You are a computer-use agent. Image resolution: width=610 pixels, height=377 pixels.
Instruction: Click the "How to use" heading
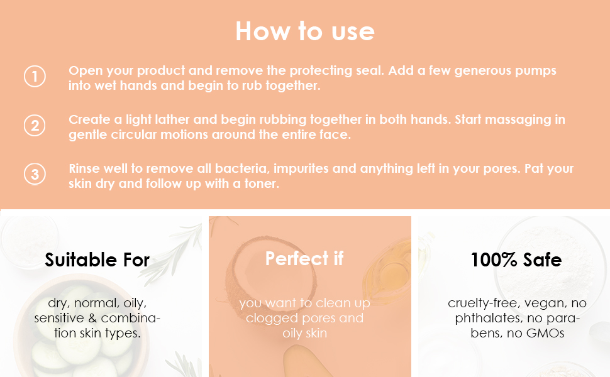(305, 31)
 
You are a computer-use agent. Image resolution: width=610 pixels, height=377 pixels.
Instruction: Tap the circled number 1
(35, 77)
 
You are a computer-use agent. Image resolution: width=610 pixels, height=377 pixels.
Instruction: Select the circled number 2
(35, 126)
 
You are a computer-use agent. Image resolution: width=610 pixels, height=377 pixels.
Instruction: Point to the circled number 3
(35, 174)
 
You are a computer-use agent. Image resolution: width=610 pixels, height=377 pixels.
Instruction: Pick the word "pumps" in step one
(536, 70)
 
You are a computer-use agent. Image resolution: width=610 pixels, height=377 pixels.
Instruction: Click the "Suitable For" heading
(97, 260)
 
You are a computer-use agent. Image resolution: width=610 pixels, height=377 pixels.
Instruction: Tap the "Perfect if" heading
(304, 258)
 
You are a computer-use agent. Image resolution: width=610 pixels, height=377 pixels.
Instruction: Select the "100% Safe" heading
(516, 260)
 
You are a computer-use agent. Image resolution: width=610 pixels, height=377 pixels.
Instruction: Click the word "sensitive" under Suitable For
(62, 318)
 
